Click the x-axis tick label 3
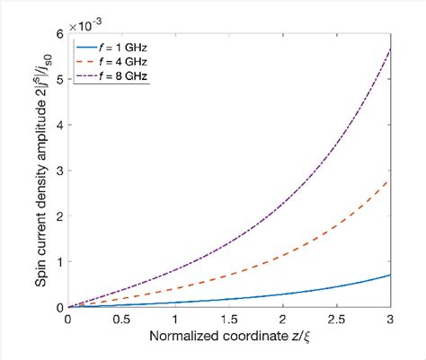pyautogui.click(x=391, y=320)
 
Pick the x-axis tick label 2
pyautogui.click(x=284, y=320)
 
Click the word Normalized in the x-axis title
pyautogui.click(x=183, y=339)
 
